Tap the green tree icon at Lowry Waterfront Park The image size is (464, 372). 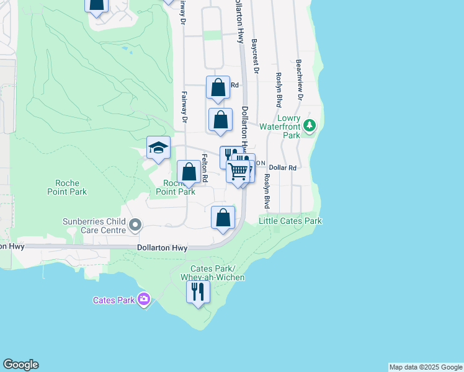click(x=310, y=126)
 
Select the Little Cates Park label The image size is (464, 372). click(x=290, y=221)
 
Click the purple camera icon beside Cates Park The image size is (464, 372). click(x=144, y=300)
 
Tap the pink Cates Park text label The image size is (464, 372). click(x=114, y=301)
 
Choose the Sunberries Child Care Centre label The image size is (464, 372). click(x=94, y=225)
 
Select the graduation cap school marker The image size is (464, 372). click(x=158, y=148)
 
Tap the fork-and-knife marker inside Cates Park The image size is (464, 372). click(x=198, y=291)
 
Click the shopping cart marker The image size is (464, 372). click(x=238, y=171)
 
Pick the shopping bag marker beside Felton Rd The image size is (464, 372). click(x=189, y=172)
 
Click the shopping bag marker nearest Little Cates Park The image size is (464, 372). click(x=223, y=218)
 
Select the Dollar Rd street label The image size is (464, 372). click(x=282, y=168)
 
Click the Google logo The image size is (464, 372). click(x=20, y=365)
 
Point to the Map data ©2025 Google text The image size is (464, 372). click(x=426, y=367)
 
